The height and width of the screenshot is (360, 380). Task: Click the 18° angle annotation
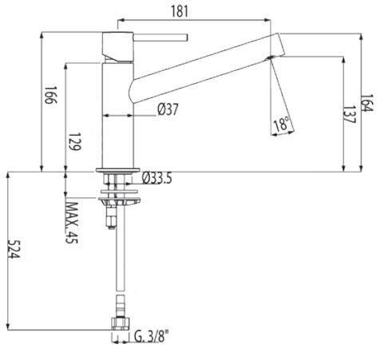tap(280, 125)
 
